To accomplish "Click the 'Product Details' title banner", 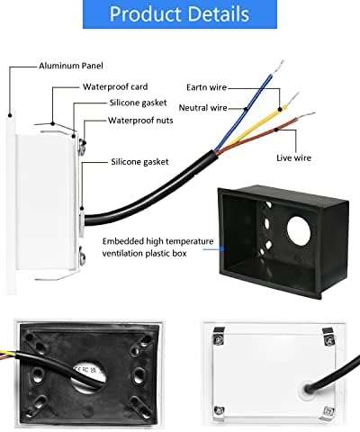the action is coord(180,14).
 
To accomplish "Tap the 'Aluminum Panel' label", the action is coord(71,66).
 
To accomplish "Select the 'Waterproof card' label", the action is coord(115,86).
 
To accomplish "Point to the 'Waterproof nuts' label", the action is coord(140,121).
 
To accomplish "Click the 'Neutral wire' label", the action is coord(202,108).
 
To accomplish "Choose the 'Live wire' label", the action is coord(293,157).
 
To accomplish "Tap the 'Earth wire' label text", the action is coord(206,87).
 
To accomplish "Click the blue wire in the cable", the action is coord(245,111).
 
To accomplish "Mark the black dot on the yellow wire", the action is coord(280,109).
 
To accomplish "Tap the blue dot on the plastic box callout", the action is coord(222,248).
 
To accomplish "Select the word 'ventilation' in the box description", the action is coord(122,254).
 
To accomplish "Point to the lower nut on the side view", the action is coord(82,257).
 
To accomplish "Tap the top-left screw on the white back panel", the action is coord(219,340).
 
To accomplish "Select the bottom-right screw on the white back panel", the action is coord(328,411).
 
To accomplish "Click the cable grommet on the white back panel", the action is coord(308,389).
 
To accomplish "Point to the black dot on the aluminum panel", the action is coord(10,115).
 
